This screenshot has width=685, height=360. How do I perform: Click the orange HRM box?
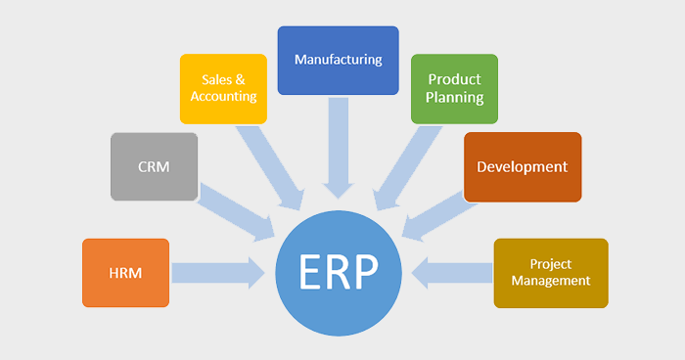[126, 273]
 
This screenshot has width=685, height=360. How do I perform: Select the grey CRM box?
[154, 166]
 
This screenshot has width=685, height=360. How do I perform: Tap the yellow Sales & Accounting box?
[223, 88]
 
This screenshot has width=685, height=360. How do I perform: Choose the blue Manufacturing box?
[338, 60]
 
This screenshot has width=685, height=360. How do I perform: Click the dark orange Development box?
[522, 166]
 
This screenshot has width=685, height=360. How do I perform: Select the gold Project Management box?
[550, 273]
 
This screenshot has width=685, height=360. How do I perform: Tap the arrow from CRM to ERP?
[238, 211]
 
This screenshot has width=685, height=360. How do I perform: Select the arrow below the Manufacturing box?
[338, 148]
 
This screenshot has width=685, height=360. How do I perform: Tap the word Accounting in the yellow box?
[223, 97]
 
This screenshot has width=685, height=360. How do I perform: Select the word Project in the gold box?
[550, 264]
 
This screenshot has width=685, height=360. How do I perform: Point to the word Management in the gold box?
[550, 281]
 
